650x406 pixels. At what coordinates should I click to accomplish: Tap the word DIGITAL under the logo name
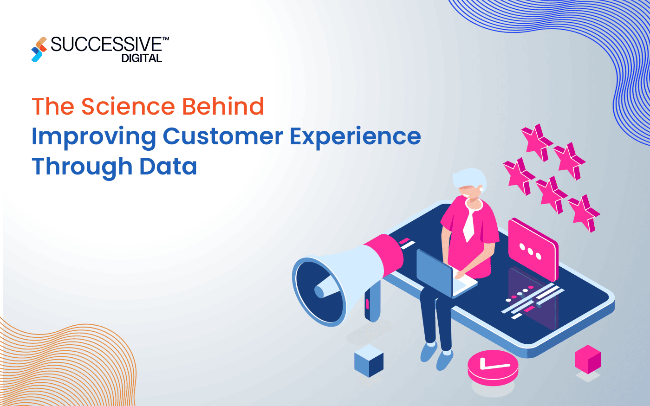point(142,58)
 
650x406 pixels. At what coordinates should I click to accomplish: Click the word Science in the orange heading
point(129,106)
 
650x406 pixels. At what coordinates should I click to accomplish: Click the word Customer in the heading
point(223,136)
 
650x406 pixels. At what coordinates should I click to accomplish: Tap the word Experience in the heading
point(355,136)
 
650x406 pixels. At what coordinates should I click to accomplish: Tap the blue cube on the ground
point(369,361)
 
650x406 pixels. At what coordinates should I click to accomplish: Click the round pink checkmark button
point(493,367)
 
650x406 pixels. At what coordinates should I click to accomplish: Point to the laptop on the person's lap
point(436,274)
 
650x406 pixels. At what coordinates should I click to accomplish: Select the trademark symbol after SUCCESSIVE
point(166,40)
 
